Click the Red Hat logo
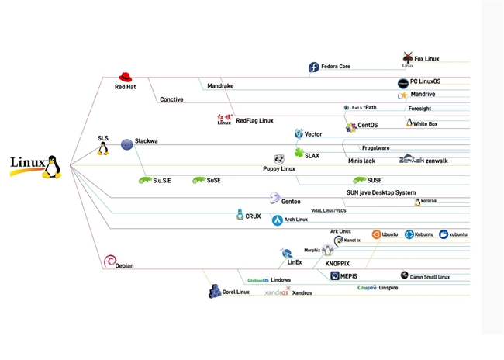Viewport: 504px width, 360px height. pyautogui.click(x=125, y=77)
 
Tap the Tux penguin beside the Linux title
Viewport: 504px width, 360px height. pyautogui.click(x=52, y=166)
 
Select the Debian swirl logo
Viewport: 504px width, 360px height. pyautogui.click(x=109, y=261)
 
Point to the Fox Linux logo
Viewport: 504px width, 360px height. pyautogui.click(x=409, y=57)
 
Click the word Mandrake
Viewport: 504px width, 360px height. pyautogui.click(x=220, y=86)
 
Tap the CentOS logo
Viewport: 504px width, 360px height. pyautogui.click(x=350, y=126)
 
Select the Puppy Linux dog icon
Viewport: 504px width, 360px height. pyautogui.click(x=279, y=159)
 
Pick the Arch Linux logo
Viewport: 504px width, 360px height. pyautogui.click(x=277, y=220)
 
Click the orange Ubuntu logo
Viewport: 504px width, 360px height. pyautogui.click(x=376, y=234)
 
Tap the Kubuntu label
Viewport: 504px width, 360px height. pyautogui.click(x=424, y=234)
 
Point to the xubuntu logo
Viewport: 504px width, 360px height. pyautogui.click(x=444, y=234)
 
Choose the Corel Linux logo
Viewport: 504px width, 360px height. pyautogui.click(x=215, y=292)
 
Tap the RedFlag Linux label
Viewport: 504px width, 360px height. pyautogui.click(x=254, y=121)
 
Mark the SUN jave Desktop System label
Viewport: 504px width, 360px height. pyautogui.click(x=381, y=192)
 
